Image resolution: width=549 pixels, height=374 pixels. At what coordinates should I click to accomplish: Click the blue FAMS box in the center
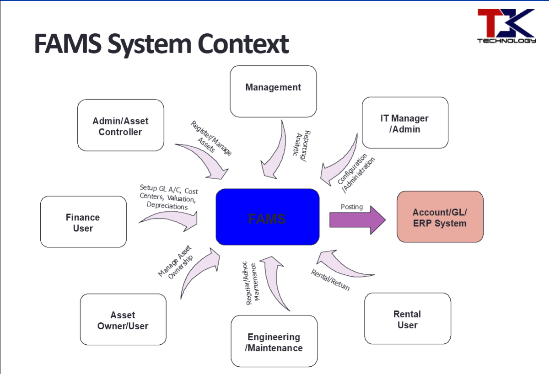pyautogui.click(x=267, y=217)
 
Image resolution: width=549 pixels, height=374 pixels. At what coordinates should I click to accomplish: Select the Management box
pyautogui.click(x=273, y=91)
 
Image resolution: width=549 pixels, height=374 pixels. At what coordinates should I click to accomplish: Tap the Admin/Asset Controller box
pyautogui.click(x=120, y=125)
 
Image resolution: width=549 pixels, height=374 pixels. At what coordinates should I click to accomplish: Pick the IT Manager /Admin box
pyautogui.click(x=404, y=123)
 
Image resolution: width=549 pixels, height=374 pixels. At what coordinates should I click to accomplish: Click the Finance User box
pyautogui.click(x=83, y=222)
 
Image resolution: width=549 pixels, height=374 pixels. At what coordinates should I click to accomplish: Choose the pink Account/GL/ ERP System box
pyautogui.click(x=440, y=217)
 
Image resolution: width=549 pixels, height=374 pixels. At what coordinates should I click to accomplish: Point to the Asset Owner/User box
pyautogui.click(x=123, y=320)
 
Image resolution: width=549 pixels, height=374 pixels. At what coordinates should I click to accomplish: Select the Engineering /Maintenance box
pyautogui.click(x=274, y=342)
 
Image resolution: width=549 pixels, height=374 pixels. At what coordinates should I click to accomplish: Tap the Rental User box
pyautogui.click(x=407, y=319)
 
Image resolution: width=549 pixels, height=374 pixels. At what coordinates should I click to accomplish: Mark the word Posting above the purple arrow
pyautogui.click(x=351, y=207)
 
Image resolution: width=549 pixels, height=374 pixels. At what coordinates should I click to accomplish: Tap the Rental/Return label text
pyautogui.click(x=330, y=280)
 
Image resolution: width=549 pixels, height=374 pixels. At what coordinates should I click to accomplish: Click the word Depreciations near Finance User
pyautogui.click(x=167, y=206)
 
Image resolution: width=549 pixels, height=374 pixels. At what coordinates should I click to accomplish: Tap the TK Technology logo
pyautogui.click(x=506, y=26)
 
